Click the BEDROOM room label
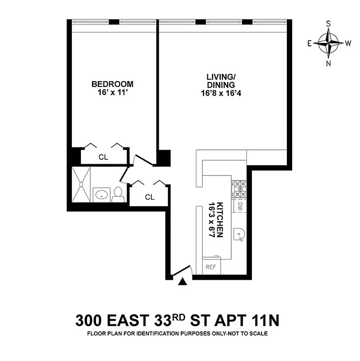coord(112,84)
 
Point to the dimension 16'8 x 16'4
coord(220,93)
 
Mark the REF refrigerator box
coord(210,267)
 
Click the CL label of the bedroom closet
coord(103,157)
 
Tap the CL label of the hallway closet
coord(150,197)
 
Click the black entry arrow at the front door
coord(182,282)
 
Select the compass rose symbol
coord(329,43)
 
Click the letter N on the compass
coord(329,63)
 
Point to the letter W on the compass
coord(348,44)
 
